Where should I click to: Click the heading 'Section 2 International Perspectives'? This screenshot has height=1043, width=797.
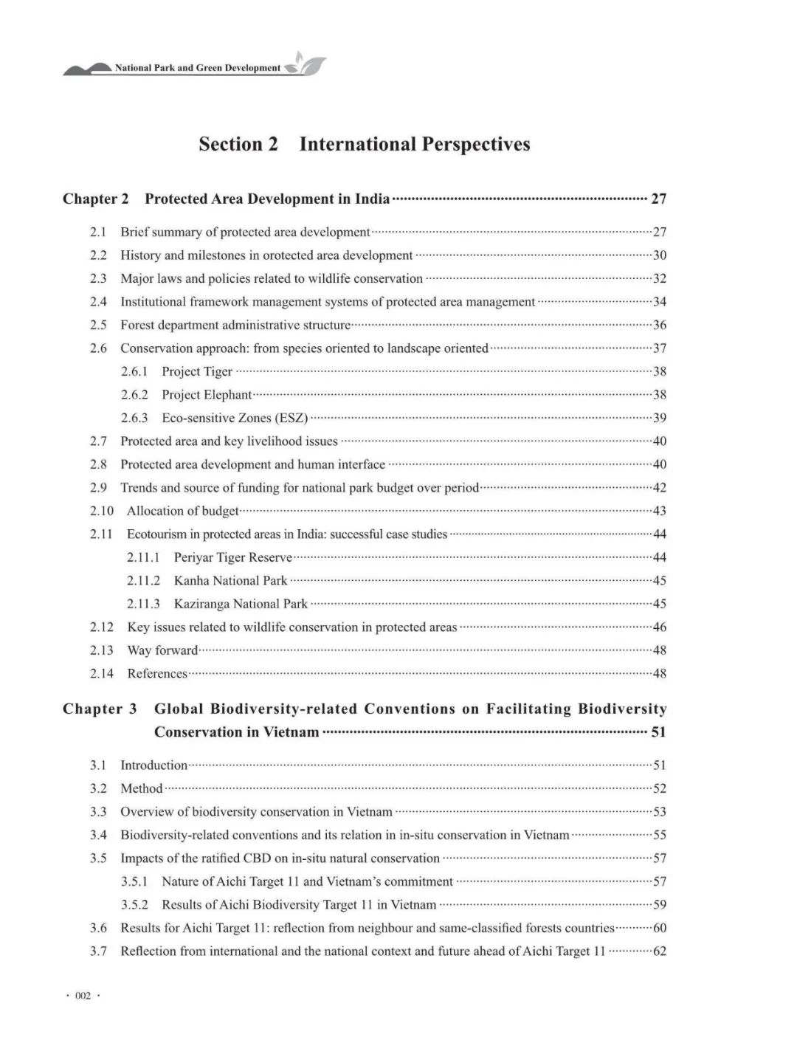(364, 144)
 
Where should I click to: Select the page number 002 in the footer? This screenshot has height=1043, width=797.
(83, 996)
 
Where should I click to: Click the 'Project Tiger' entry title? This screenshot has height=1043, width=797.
(197, 371)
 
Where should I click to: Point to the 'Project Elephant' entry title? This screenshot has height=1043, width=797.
(207, 395)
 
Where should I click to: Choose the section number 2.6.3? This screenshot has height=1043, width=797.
(134, 418)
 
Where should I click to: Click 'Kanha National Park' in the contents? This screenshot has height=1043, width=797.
(230, 581)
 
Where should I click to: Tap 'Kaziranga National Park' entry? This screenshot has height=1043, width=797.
(241, 604)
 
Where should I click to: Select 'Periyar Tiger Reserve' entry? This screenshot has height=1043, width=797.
(233, 557)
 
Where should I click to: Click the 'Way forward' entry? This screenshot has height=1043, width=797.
(162, 650)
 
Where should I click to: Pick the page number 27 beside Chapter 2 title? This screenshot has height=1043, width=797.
(658, 199)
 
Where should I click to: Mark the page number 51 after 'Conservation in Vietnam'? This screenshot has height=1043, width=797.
(658, 732)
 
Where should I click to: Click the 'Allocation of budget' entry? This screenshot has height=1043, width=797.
(182, 511)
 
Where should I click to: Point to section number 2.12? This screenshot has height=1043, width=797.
(102, 627)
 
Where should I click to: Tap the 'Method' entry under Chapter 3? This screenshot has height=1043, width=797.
(141, 788)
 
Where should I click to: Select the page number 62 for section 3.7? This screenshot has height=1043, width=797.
(660, 951)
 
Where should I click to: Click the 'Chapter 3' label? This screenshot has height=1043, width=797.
(100, 709)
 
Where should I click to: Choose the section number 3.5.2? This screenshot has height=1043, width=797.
(134, 905)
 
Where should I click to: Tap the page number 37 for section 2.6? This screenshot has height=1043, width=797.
(660, 348)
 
